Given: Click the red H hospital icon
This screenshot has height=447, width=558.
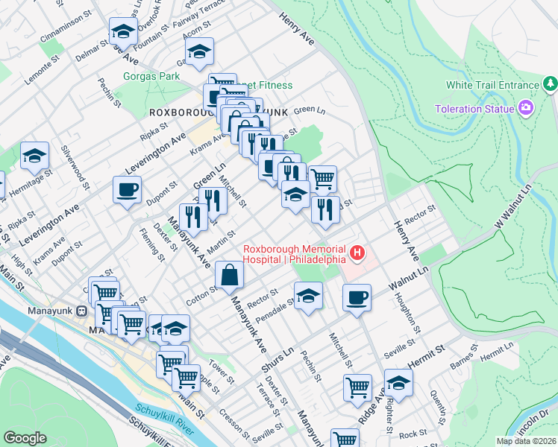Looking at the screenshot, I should (x=357, y=254).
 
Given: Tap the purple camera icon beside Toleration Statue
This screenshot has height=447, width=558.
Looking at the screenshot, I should (x=527, y=109).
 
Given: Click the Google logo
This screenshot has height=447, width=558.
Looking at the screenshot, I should (x=25, y=439).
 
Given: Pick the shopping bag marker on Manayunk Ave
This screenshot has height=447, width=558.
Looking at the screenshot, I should (x=229, y=274).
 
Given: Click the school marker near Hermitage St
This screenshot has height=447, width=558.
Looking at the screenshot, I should (x=34, y=156).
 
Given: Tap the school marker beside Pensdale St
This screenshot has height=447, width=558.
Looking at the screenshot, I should (x=308, y=297).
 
